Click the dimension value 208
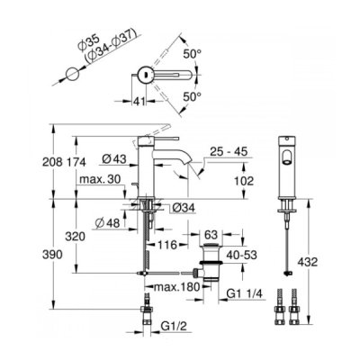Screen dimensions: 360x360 (x=52, y=162)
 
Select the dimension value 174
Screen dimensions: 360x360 (x=76, y=162)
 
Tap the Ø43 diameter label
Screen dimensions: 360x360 (x=114, y=158)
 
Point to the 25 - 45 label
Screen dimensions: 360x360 (x=229, y=151)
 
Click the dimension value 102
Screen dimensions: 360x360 (x=244, y=181)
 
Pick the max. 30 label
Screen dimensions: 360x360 (x=100, y=179)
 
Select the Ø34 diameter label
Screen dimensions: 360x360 (x=184, y=207)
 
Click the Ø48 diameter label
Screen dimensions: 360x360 (x=107, y=222)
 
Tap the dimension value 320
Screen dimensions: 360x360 (x=76, y=237)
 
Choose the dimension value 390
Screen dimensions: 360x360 (x=52, y=255)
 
